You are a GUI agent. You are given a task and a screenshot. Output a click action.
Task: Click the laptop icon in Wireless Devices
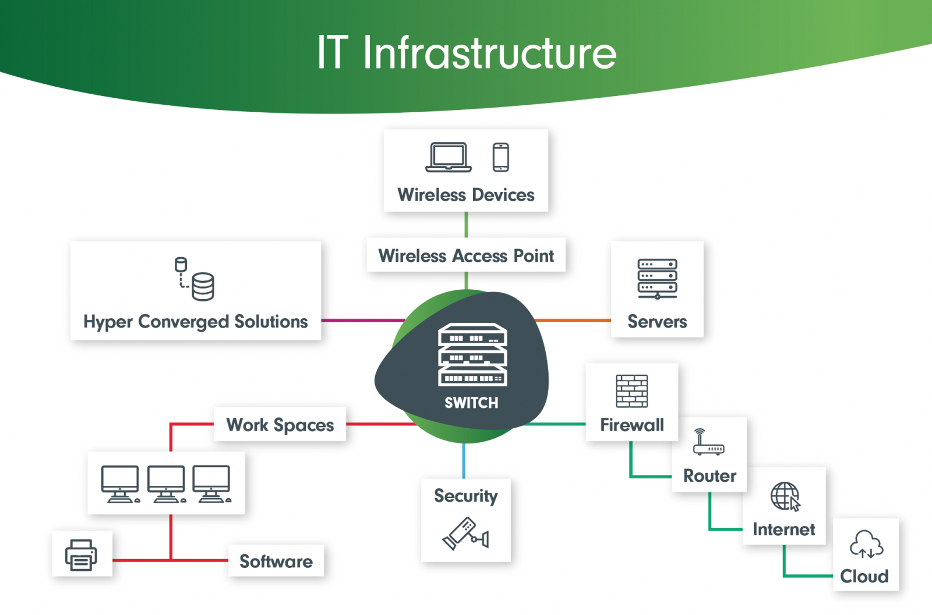(x=448, y=157)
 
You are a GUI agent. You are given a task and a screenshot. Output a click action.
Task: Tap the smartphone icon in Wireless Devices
(x=500, y=157)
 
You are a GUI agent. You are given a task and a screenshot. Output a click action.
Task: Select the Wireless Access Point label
(x=466, y=255)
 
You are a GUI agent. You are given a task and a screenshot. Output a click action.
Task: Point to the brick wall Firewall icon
(x=631, y=391)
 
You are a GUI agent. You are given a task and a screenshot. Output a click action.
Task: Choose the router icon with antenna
(x=708, y=443)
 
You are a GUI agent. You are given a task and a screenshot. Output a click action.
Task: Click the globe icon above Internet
(x=785, y=496)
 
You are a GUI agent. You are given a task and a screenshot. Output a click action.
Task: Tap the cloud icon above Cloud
(x=866, y=545)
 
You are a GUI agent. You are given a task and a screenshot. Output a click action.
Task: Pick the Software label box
(x=276, y=561)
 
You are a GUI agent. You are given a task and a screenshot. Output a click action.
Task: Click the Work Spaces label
(x=280, y=425)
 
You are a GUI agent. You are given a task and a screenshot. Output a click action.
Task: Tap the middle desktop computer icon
(x=166, y=484)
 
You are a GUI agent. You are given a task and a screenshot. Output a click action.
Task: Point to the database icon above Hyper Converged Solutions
(x=196, y=279)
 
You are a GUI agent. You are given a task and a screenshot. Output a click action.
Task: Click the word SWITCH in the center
(x=471, y=403)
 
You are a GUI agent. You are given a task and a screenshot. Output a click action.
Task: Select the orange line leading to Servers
(x=573, y=320)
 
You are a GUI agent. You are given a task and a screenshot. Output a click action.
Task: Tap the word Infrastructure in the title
(x=489, y=54)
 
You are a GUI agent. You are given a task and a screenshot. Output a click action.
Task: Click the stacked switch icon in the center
(x=472, y=354)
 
